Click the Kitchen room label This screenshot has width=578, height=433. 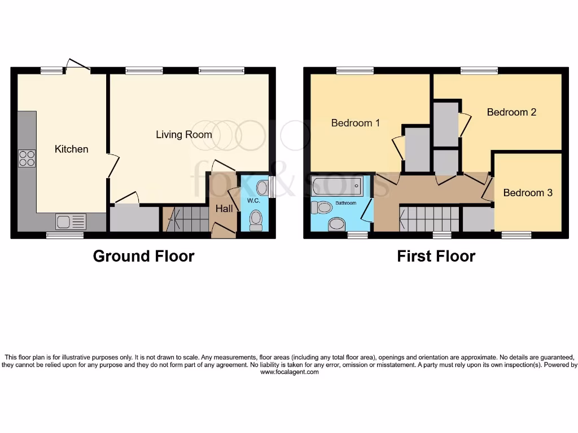(x=71, y=149)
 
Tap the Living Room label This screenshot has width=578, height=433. (x=184, y=134)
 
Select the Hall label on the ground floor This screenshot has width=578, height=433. (x=224, y=209)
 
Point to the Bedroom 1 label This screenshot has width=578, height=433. (x=355, y=123)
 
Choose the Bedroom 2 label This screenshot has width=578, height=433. (x=511, y=112)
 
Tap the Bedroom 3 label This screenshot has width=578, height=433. (x=528, y=193)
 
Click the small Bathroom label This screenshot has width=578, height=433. (x=346, y=202)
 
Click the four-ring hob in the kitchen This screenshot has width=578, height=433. (x=27, y=158)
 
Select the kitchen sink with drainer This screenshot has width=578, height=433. (x=71, y=220)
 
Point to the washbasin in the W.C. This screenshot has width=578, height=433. (x=262, y=188)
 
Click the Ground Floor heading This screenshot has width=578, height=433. (x=143, y=256)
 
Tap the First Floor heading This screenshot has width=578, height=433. (x=436, y=256)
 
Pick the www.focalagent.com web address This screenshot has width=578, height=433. (x=289, y=372)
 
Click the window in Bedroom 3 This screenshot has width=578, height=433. (x=516, y=235)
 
